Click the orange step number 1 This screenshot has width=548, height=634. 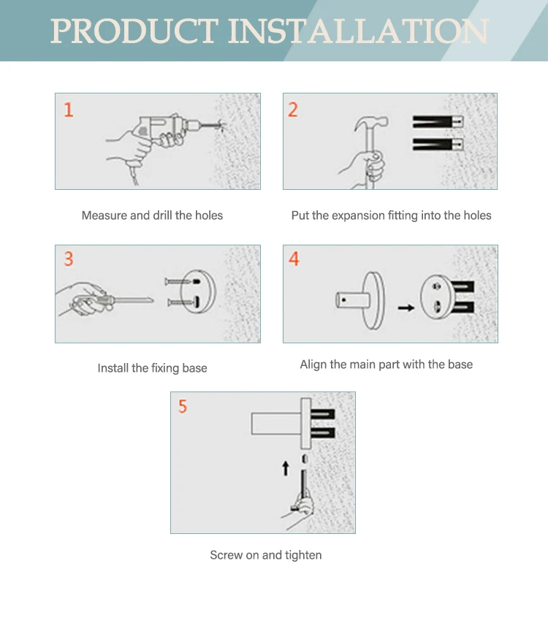coord(69,110)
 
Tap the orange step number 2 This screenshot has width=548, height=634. coord(293,110)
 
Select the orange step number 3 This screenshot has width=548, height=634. coord(69,259)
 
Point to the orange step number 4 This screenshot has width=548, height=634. coord(294,259)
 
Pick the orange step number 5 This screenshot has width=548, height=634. coord(183,406)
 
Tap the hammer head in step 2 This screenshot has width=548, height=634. coord(371,123)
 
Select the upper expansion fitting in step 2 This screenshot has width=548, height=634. coord(438,122)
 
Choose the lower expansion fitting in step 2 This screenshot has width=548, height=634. coord(438,145)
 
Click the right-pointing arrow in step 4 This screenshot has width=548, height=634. coord(406,308)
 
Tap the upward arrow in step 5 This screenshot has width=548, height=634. coord(286,468)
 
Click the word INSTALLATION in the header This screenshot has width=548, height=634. coord(359,31)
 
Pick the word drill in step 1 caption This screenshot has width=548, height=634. coord(163,215)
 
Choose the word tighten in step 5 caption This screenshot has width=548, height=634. coord(303,556)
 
